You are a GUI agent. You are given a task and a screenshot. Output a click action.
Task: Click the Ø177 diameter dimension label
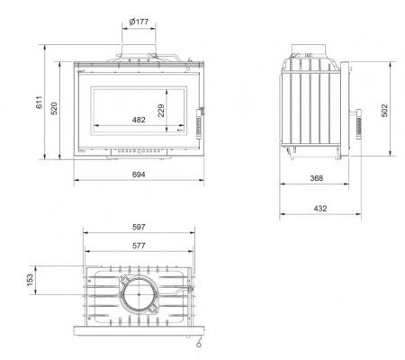click(139, 22)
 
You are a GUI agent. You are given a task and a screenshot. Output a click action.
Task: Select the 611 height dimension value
click(40, 103)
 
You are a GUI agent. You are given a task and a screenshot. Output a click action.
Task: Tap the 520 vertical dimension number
click(54, 108)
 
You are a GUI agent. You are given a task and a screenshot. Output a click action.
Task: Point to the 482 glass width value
click(139, 120)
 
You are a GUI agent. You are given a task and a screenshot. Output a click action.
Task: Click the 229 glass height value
click(161, 111)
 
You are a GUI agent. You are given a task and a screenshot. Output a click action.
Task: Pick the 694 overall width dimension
click(139, 175)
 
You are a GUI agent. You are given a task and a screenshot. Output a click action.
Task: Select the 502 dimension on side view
click(384, 110)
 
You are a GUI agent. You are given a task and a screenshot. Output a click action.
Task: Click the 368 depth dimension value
click(317, 178)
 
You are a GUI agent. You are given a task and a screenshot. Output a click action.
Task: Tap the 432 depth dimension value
click(320, 208)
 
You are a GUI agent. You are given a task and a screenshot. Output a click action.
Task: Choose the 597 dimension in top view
click(139, 227)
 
